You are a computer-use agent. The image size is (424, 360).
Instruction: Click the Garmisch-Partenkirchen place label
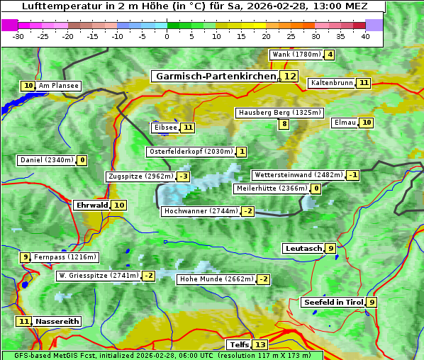[x=216, y=76]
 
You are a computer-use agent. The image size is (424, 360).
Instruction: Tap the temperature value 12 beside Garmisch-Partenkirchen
[x=289, y=76]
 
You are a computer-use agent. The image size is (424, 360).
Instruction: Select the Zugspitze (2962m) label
[x=140, y=176]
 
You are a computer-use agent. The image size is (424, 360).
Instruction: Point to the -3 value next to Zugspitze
[x=184, y=176]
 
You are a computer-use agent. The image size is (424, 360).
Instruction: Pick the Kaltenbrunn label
[x=332, y=83]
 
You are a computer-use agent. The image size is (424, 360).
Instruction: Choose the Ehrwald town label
[x=92, y=205]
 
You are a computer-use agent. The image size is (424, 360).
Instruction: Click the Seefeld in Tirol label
[x=333, y=302]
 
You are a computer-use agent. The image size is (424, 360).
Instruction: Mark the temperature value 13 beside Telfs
[x=260, y=344]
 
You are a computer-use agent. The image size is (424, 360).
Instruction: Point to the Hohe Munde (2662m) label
[x=216, y=279]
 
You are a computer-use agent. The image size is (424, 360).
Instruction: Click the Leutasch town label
[x=303, y=248]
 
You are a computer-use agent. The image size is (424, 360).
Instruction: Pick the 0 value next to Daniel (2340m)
[x=82, y=160]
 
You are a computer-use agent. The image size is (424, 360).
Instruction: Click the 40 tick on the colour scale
[x=365, y=35]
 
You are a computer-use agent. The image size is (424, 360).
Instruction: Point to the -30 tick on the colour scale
[x=18, y=35]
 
